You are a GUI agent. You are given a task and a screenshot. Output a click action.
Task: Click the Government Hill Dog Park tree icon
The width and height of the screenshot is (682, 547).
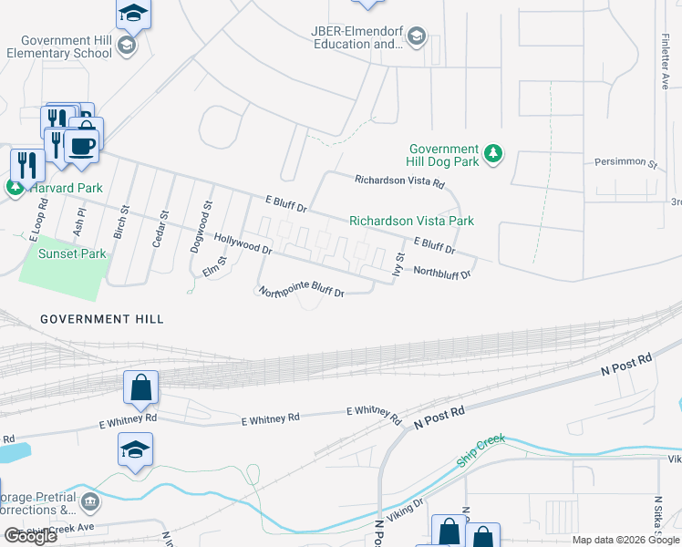point(492,153)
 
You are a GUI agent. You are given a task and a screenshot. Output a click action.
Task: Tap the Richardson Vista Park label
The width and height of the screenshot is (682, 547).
point(411,221)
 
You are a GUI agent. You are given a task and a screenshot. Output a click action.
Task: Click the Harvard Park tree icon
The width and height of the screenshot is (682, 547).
point(15,188)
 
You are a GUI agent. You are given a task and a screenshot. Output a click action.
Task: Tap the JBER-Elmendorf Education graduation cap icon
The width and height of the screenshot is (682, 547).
point(417,36)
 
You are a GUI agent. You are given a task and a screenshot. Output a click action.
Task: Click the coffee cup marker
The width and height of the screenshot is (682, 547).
point(82,146)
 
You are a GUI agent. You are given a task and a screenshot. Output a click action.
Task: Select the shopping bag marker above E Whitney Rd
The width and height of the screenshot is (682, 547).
point(141,387)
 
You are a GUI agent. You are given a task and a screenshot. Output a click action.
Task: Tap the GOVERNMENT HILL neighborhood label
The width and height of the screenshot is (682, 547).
point(102,319)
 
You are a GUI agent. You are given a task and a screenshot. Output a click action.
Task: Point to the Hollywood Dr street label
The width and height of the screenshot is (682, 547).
point(243,243)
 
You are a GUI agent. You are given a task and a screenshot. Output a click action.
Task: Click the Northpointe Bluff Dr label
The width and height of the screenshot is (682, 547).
point(301,292)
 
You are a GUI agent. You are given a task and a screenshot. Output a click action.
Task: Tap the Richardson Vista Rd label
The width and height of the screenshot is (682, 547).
point(399,181)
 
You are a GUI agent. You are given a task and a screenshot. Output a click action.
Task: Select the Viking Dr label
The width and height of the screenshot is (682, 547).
point(407,508)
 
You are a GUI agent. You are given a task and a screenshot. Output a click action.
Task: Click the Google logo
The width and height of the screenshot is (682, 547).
point(30,536)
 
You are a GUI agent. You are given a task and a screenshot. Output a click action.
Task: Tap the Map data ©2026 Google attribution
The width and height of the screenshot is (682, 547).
point(625,540)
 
